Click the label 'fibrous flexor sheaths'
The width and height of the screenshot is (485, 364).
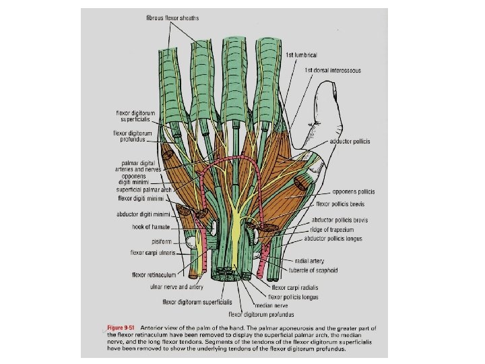click(172, 17)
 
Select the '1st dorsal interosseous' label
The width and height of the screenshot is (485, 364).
click(332, 70)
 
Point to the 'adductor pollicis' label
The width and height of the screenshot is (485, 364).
click(350, 142)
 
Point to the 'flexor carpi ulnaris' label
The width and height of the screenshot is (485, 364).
click(153, 253)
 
